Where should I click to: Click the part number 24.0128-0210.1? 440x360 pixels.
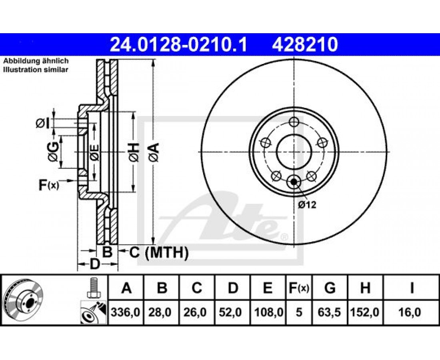[x=179, y=45]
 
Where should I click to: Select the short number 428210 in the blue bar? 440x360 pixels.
[x=305, y=45]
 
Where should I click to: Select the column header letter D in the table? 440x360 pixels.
[x=233, y=288]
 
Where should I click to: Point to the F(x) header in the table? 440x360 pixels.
[x=299, y=288]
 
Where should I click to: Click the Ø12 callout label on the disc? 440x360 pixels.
[x=307, y=205]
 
